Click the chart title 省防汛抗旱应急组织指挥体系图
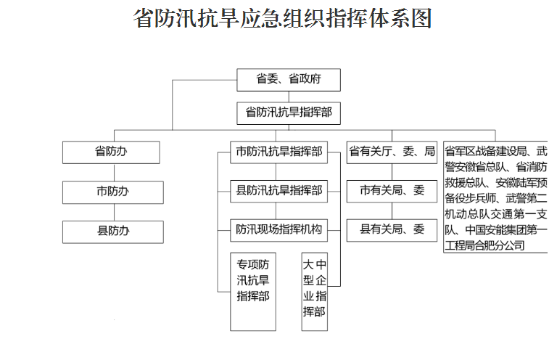[x=282, y=18]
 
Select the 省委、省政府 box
[x=289, y=80]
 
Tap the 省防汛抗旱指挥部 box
[x=289, y=113]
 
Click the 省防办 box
[x=111, y=152]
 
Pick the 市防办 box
[x=113, y=192]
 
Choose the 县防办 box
[x=113, y=232]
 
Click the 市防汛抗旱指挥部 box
[x=278, y=152]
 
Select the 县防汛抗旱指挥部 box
[x=278, y=192]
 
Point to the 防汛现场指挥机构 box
[x=278, y=230]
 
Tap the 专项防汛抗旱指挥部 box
[x=253, y=292]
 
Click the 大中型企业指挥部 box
[x=314, y=292]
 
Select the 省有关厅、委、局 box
[x=392, y=152]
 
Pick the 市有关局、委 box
[x=392, y=192]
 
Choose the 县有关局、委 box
[x=392, y=230]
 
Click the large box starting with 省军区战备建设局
[x=495, y=197]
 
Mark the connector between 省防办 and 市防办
[x=114, y=172]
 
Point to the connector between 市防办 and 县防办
[x=114, y=212]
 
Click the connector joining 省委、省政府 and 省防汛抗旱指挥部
[x=289, y=97]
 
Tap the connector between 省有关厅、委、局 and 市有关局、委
[x=392, y=172]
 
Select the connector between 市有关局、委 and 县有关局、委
[x=392, y=211]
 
